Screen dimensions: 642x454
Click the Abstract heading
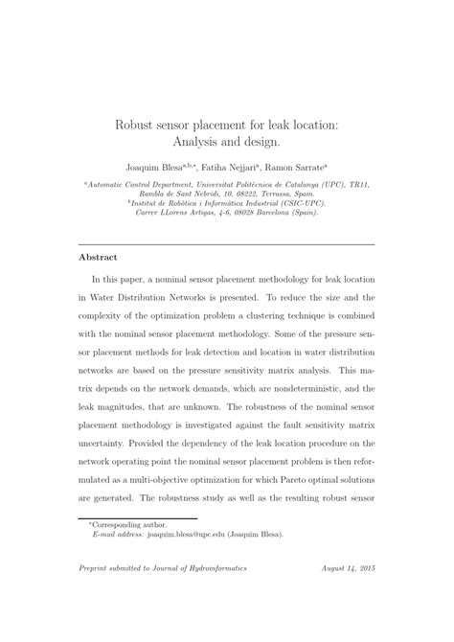tap(98, 257)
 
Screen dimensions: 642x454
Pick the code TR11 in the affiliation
tap(357, 183)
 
